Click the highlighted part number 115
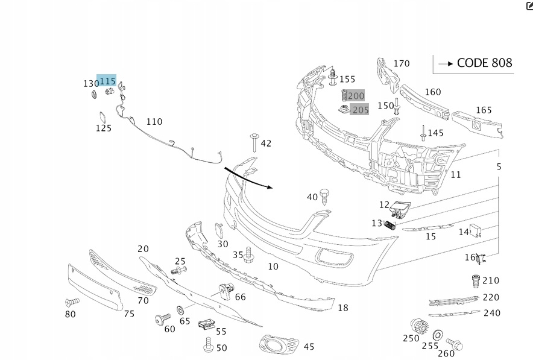pyautogui.click(x=107, y=81)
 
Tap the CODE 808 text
pyautogui.click(x=484, y=63)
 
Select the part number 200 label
pyautogui.click(x=356, y=95)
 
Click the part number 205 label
pyautogui.click(x=360, y=110)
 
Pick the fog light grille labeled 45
pyautogui.click(x=279, y=346)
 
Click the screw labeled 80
pyautogui.click(x=72, y=302)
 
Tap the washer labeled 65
pyautogui.click(x=181, y=311)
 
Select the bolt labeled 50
pyautogui.click(x=209, y=346)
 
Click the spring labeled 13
pyautogui.click(x=391, y=226)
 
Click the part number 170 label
pyautogui.click(x=401, y=63)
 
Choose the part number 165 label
pyautogui.click(x=484, y=110)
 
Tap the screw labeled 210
pyautogui.click(x=475, y=280)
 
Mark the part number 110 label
pyautogui.click(x=154, y=122)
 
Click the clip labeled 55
pyautogui.click(x=206, y=324)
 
